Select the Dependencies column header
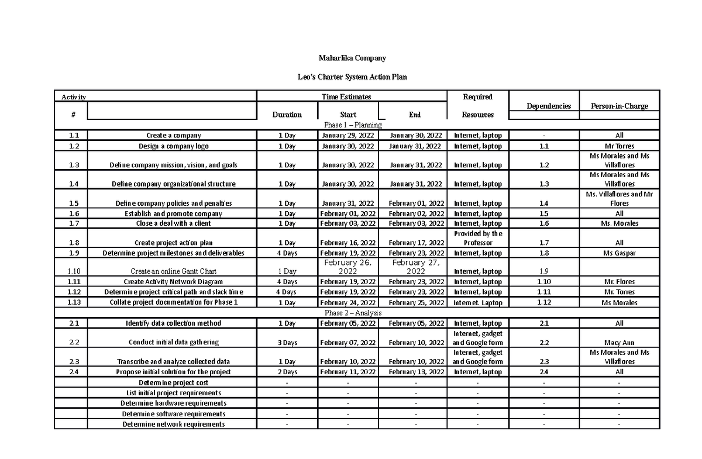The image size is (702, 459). point(548,106)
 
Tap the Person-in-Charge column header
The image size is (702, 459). point(619,106)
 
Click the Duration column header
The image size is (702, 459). point(287,115)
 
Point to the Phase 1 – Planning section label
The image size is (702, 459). point(353,125)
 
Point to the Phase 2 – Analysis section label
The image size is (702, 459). point(353,313)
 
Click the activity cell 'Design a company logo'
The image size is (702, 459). point(173,146)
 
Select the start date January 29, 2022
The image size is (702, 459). point(347,136)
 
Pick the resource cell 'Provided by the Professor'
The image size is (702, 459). point(478,238)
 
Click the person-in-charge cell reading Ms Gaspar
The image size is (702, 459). point(619,253)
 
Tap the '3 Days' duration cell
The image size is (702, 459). point(287,343)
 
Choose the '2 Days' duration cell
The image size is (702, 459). point(287,372)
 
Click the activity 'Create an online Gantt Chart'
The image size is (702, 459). point(173,271)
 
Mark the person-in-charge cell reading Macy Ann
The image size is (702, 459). point(619,343)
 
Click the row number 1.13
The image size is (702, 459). point(71,302)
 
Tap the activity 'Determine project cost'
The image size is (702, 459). point(173,382)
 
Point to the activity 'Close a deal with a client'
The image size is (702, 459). point(173,223)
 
